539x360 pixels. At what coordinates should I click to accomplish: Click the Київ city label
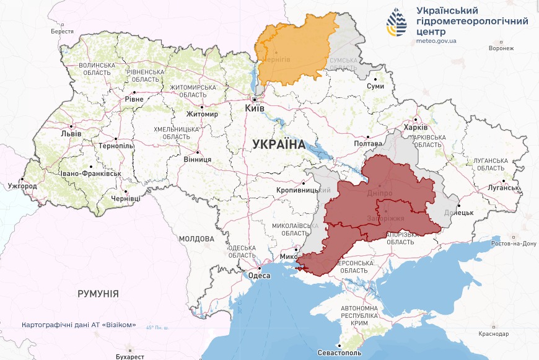[x=255, y=108]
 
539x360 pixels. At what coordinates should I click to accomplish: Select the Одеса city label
[x=258, y=276]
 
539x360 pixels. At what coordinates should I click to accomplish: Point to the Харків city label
[x=415, y=128]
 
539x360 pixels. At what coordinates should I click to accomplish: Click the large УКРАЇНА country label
[x=279, y=144]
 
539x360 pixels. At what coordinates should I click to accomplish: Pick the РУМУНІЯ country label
[x=98, y=293]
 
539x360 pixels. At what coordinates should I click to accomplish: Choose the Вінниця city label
[x=197, y=159]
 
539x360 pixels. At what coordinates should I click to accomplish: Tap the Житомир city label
[x=202, y=114]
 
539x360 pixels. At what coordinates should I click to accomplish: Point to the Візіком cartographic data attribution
[x=79, y=325]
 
